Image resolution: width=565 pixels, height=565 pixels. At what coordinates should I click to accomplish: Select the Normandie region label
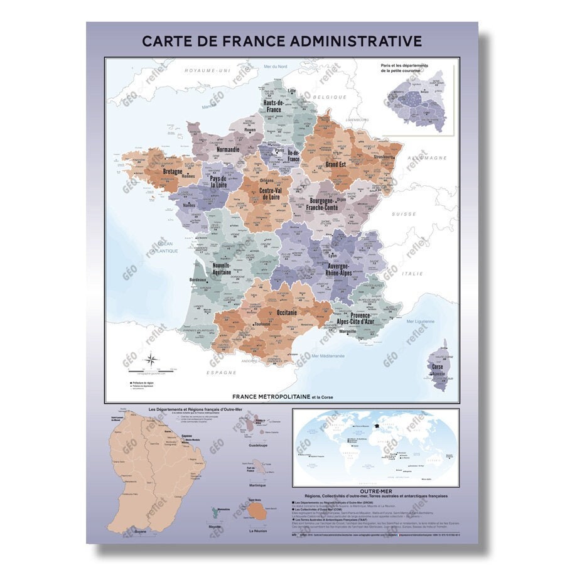click(x=229, y=150)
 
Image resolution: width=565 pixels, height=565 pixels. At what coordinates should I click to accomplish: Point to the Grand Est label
click(x=336, y=164)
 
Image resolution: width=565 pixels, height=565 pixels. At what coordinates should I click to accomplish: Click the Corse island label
click(x=438, y=365)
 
